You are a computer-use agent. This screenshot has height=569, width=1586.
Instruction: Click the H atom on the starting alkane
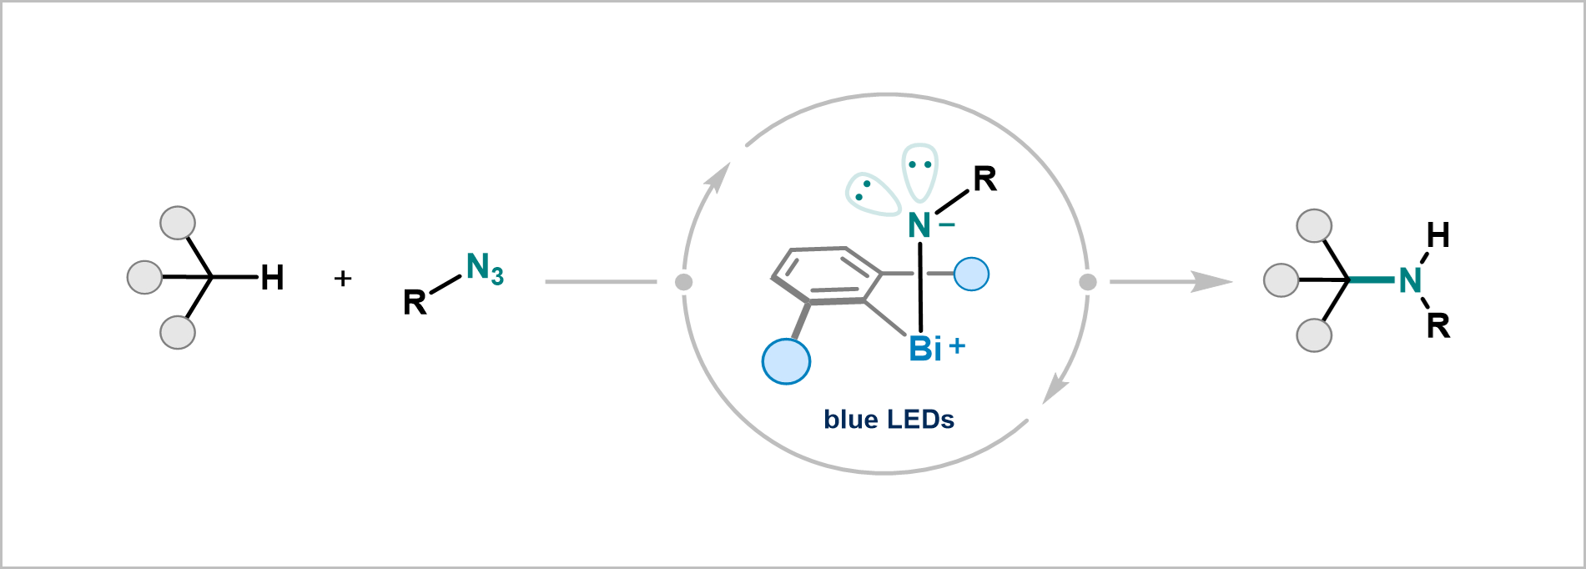tap(272, 278)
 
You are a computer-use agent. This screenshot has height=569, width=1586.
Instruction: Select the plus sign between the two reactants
tap(342, 278)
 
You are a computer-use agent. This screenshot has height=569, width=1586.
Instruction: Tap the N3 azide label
tap(485, 269)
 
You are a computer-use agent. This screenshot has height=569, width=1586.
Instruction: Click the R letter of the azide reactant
tap(415, 302)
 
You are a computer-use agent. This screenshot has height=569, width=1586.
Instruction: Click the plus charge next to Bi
tap(957, 345)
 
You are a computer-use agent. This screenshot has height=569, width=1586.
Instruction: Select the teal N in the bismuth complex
tap(919, 225)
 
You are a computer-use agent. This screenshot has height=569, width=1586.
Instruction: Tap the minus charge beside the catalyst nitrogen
tap(946, 222)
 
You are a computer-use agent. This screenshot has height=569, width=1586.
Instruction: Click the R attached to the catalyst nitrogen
tap(984, 179)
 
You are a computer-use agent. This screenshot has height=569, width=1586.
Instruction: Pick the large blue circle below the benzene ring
tap(786, 361)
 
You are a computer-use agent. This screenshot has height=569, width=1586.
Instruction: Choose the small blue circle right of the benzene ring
tap(971, 274)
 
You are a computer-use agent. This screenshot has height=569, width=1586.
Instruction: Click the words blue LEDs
tap(889, 419)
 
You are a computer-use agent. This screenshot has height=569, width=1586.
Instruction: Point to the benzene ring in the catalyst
tap(826, 274)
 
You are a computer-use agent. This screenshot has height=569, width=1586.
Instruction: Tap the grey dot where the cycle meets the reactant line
tap(683, 282)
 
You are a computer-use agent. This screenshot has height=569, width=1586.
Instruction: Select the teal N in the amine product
tap(1410, 281)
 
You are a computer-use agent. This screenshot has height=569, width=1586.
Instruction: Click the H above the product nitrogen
tap(1437, 236)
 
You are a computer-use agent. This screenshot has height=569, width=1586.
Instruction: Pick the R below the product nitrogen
tap(1437, 325)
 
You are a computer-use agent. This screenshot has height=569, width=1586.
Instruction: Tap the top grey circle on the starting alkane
tap(178, 224)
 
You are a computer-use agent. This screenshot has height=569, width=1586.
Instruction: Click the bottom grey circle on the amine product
tap(1314, 335)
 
